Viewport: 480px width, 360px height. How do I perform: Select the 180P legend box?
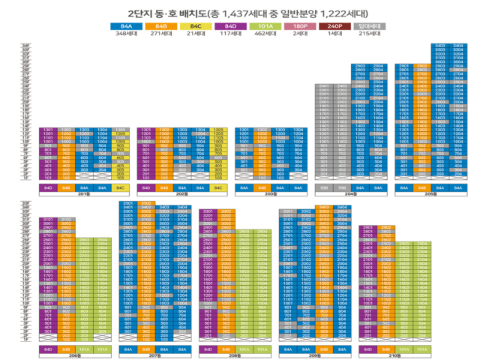(300, 26)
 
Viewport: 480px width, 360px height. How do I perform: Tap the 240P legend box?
(335, 26)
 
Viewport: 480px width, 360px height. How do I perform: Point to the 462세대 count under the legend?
(264, 34)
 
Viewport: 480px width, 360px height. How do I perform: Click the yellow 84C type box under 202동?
(218, 187)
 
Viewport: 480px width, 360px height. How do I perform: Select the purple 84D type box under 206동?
(48, 349)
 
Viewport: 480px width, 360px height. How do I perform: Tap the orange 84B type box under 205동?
(422, 187)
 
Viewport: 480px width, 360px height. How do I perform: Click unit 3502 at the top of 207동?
(147, 202)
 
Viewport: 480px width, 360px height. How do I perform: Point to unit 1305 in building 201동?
(119, 129)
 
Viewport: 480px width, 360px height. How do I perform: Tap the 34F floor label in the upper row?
(26, 46)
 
